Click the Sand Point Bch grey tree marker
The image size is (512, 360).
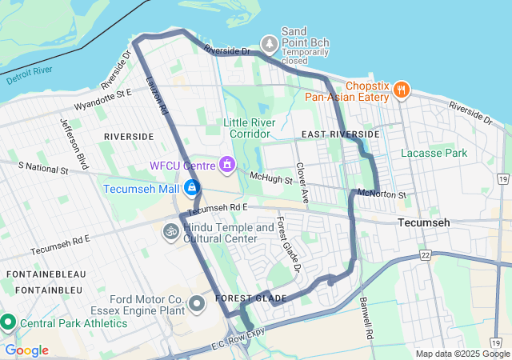[270, 42]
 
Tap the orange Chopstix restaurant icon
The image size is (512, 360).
[402, 90]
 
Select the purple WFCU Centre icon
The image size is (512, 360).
[227, 166]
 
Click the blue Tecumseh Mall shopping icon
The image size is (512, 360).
[191, 189]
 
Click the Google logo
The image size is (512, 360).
[26, 350]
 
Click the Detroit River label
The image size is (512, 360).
[29, 78]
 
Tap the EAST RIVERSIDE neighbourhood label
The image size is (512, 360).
[341, 134]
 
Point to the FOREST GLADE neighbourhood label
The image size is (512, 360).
[251, 298]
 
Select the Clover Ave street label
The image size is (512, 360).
[302, 183]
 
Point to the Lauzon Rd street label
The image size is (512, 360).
[157, 94]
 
